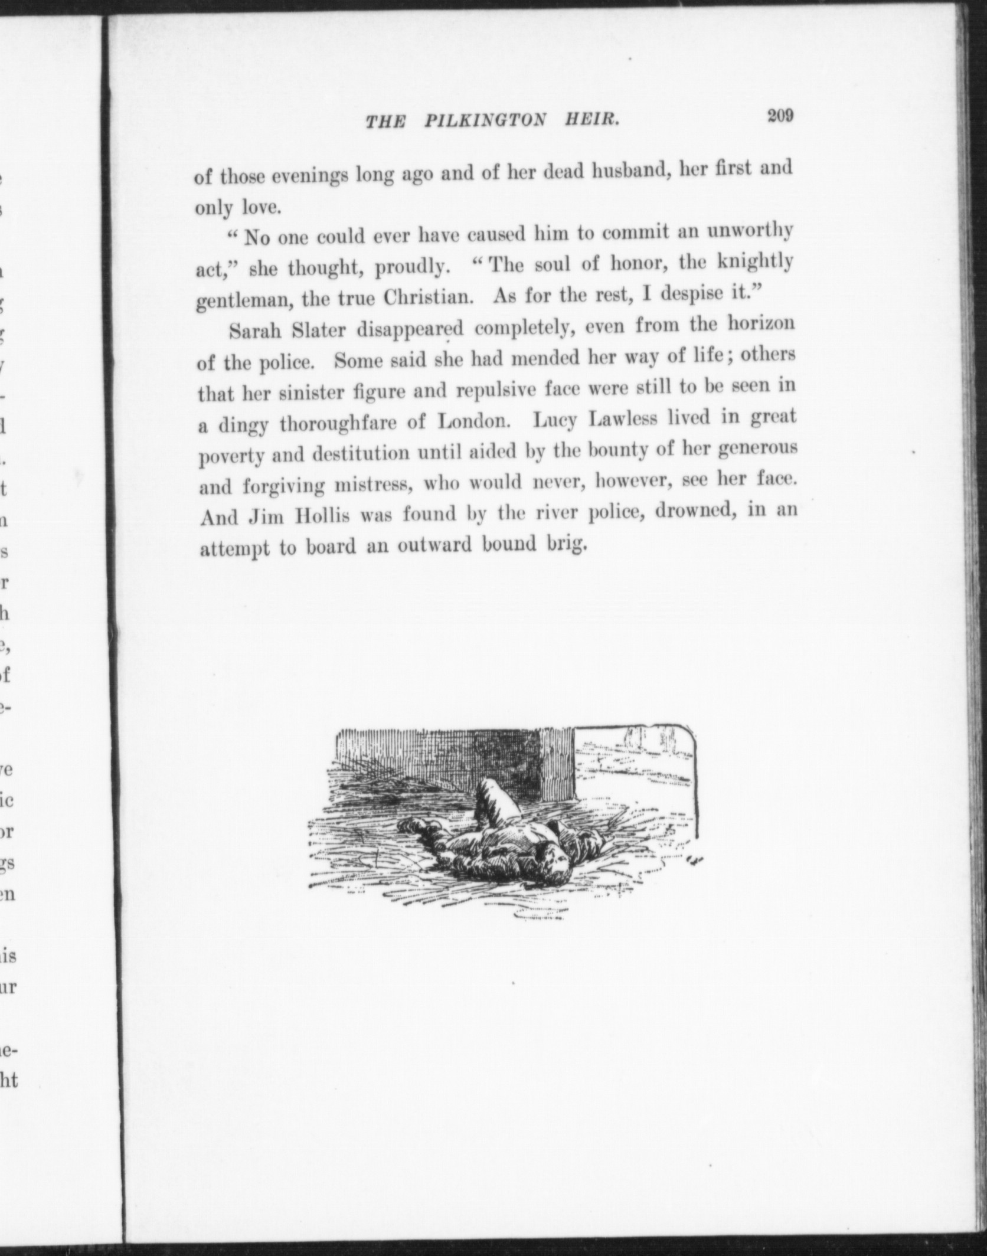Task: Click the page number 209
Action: tap(780, 116)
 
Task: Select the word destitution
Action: tap(361, 454)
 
